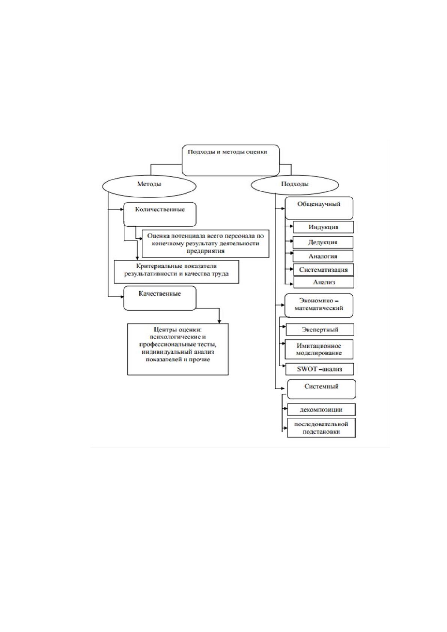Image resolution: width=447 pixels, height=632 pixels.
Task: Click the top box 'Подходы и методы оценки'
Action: [230, 160]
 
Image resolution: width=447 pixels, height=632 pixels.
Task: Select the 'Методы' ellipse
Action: [149, 186]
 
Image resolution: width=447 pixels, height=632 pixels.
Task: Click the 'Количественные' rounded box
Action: [160, 214]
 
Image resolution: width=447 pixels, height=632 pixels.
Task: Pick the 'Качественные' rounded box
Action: [160, 298]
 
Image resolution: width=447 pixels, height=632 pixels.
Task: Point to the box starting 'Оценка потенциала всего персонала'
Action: [205, 244]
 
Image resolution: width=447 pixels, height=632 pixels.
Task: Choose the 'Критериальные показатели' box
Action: [177, 272]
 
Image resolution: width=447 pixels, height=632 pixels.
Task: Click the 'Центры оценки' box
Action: [178, 349]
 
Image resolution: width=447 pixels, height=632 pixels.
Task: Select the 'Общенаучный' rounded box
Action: [319, 208]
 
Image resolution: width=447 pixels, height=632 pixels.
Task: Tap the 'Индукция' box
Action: [324, 227]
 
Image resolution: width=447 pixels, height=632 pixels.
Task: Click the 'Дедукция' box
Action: [323, 242]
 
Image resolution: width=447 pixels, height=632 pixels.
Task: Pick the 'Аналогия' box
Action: [323, 256]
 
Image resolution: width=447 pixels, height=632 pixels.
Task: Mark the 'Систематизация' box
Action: [324, 270]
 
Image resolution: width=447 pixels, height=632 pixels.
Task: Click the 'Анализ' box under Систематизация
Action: [324, 282]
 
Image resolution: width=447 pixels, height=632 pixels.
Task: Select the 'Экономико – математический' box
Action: [319, 305]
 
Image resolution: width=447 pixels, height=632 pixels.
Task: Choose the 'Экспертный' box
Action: [320, 330]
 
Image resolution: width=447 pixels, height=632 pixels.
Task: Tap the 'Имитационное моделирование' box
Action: [319, 349]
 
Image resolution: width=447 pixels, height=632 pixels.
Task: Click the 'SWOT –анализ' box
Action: [319, 369]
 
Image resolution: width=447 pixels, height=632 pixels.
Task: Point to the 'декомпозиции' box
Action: [321, 409]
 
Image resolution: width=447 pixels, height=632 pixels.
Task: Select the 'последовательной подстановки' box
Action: [321, 428]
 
